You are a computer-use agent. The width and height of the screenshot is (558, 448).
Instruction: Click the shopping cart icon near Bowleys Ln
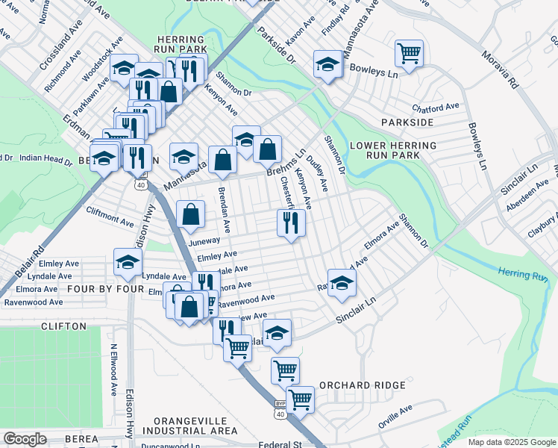(x=409, y=54)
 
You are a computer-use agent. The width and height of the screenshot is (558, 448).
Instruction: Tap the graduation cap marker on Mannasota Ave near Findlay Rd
(x=327, y=65)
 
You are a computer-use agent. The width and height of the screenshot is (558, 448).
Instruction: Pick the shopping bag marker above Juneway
(x=191, y=214)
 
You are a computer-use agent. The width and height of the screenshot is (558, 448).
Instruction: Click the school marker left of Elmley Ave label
(x=128, y=263)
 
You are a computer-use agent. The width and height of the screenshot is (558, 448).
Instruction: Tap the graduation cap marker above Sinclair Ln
(x=342, y=284)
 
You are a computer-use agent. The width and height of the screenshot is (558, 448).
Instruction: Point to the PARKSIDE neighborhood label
(x=407, y=122)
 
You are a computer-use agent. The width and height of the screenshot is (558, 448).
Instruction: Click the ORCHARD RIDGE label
(x=362, y=385)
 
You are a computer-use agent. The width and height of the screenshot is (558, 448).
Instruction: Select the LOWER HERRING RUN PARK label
(x=392, y=151)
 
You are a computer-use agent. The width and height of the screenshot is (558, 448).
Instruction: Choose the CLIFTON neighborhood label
(x=64, y=326)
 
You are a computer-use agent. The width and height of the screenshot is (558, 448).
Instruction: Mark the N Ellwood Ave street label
(x=114, y=369)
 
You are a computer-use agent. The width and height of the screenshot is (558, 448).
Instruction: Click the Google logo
(x=25, y=439)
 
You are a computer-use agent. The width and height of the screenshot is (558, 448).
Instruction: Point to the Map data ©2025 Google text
(x=511, y=442)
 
